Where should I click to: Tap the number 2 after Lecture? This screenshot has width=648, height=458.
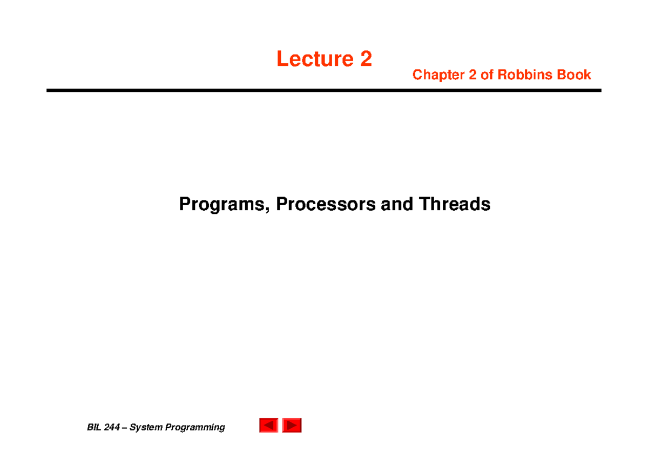(x=366, y=59)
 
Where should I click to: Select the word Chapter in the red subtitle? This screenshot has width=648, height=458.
(x=438, y=75)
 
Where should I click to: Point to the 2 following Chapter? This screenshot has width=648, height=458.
(x=473, y=75)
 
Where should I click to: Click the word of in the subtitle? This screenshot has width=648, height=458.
(x=487, y=75)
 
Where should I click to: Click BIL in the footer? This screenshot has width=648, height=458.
(x=94, y=428)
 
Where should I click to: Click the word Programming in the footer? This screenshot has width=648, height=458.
(x=195, y=428)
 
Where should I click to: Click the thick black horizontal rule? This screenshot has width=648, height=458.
(x=323, y=91)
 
